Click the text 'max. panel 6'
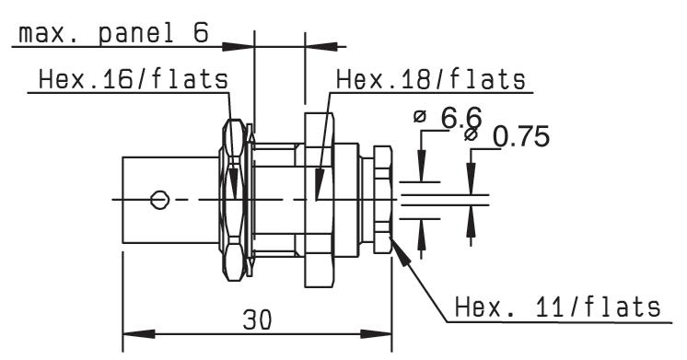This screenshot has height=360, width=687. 114,34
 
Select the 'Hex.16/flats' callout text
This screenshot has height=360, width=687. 134,80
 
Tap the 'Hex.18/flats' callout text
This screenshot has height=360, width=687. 431,80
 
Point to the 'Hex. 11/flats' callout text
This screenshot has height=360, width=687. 557,307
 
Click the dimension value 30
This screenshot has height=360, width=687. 257,319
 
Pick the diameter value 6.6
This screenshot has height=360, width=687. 461,117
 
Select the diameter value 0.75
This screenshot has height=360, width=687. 521,136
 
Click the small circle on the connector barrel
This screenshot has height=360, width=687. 159,200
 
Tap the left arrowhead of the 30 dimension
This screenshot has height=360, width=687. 139,334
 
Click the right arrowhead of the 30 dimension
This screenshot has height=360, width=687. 376,334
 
